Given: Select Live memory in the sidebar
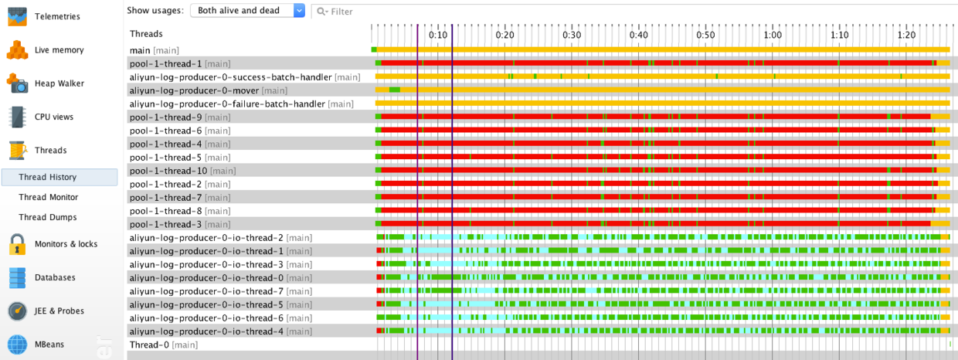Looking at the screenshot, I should (59, 50).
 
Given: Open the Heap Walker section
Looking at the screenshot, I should (59, 83).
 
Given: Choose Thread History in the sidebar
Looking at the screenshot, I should (47, 177).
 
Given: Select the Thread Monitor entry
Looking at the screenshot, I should (48, 197).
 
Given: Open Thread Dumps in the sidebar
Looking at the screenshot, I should (47, 217).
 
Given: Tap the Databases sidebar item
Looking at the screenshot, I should (54, 277).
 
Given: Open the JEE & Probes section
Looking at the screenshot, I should (59, 311).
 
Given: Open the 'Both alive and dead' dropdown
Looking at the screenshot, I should (247, 10).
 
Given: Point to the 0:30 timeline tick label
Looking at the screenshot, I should (572, 35).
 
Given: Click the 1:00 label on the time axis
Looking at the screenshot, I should (772, 35).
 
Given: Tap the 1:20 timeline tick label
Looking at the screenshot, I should (906, 35).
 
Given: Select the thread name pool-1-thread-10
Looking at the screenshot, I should (168, 171).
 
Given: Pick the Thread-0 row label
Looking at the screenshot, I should (148, 345).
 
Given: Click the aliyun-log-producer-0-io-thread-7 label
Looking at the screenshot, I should (206, 291).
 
